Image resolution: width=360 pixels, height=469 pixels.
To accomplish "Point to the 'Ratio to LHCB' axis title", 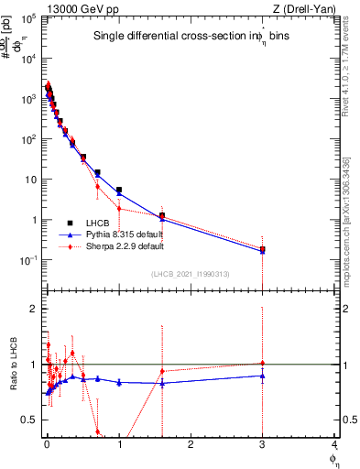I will tap(14, 364).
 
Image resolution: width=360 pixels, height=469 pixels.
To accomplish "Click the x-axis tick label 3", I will tap(263, 445).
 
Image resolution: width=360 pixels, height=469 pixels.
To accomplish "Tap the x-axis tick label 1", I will tap(119, 445).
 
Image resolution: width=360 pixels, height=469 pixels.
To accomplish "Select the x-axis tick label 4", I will tap(334, 445).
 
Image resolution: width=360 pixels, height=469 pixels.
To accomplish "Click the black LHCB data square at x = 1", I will tap(119, 190).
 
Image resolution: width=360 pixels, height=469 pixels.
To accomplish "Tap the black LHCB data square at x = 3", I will tap(263, 249).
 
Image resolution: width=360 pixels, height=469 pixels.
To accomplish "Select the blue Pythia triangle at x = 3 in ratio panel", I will tap(263, 376).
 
